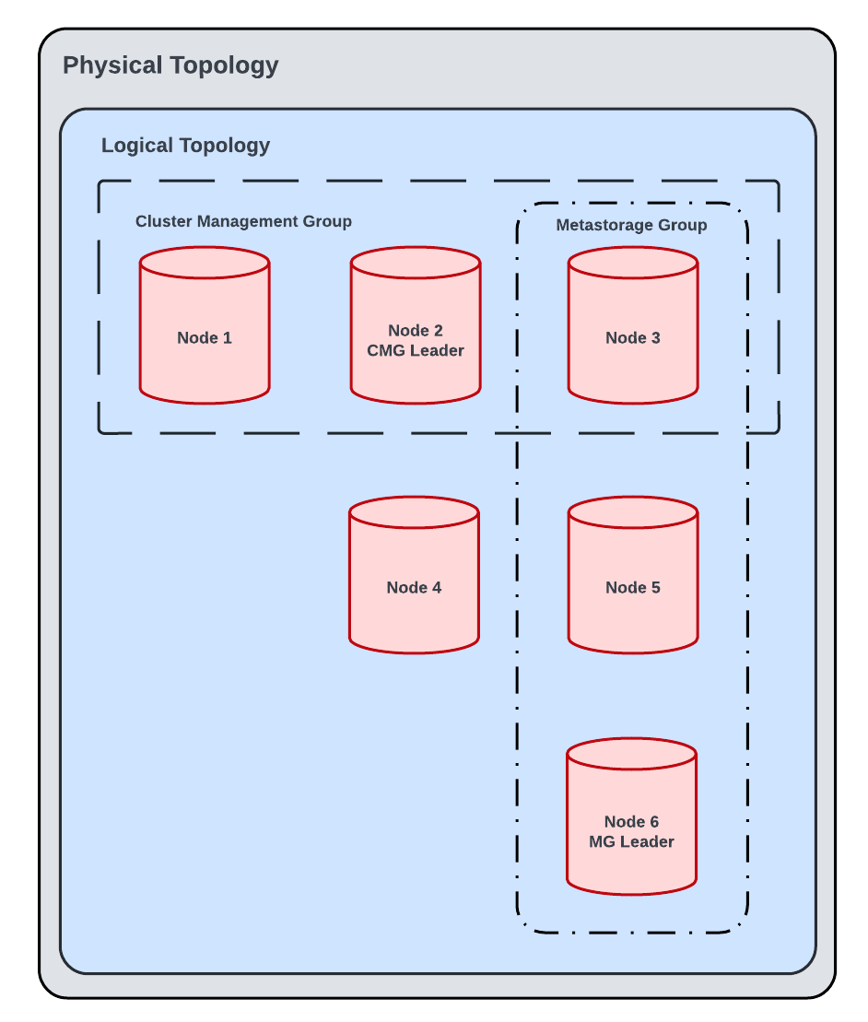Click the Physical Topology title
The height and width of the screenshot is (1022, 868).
point(170,66)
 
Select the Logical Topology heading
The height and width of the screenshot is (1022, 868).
point(185,146)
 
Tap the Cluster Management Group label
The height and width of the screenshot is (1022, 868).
point(243,221)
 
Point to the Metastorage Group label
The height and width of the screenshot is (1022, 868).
point(631,225)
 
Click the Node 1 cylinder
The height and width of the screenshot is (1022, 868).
point(205,338)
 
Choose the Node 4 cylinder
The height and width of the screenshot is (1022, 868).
point(414,588)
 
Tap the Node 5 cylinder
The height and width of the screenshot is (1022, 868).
point(633,588)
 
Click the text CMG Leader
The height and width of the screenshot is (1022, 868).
point(416,351)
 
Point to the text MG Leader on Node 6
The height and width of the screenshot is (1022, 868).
point(631,842)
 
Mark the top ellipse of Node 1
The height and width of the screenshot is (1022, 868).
point(205,263)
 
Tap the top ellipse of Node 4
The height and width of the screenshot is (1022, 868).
point(414,512)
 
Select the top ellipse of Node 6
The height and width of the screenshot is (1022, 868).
point(631,754)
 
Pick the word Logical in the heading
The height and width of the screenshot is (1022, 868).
point(135,146)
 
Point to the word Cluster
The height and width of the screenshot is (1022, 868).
point(163,221)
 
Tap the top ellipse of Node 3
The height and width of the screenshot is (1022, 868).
point(633,263)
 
